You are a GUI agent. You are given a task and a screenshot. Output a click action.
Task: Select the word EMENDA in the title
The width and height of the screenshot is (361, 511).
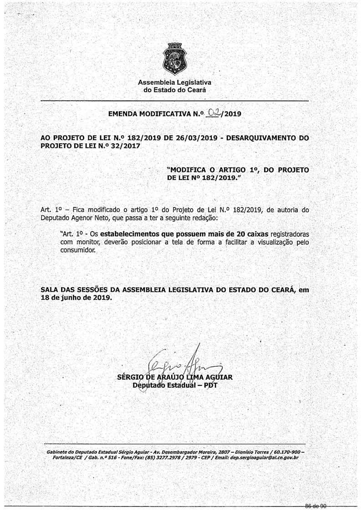(122, 114)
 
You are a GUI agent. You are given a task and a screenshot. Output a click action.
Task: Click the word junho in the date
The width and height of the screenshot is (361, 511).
(71, 298)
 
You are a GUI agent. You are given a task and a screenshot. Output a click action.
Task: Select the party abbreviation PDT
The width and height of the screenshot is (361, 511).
(211, 386)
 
